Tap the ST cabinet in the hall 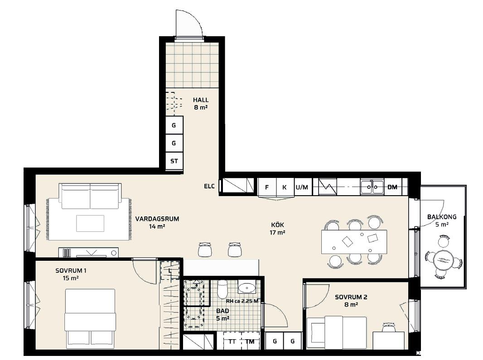click(174, 161)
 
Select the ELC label click(209, 186)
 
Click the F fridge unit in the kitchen click(267, 187)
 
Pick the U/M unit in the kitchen click(302, 187)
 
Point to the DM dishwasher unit click(392, 187)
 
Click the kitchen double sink click(372, 187)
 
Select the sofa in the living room click(90, 196)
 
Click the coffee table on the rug click(90, 223)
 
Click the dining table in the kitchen click(354, 242)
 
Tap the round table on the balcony click(443, 260)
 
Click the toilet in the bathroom click(222, 289)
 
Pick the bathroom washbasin click(246, 288)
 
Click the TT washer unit click(232, 341)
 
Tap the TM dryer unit click(250, 341)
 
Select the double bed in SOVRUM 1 click(90, 317)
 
